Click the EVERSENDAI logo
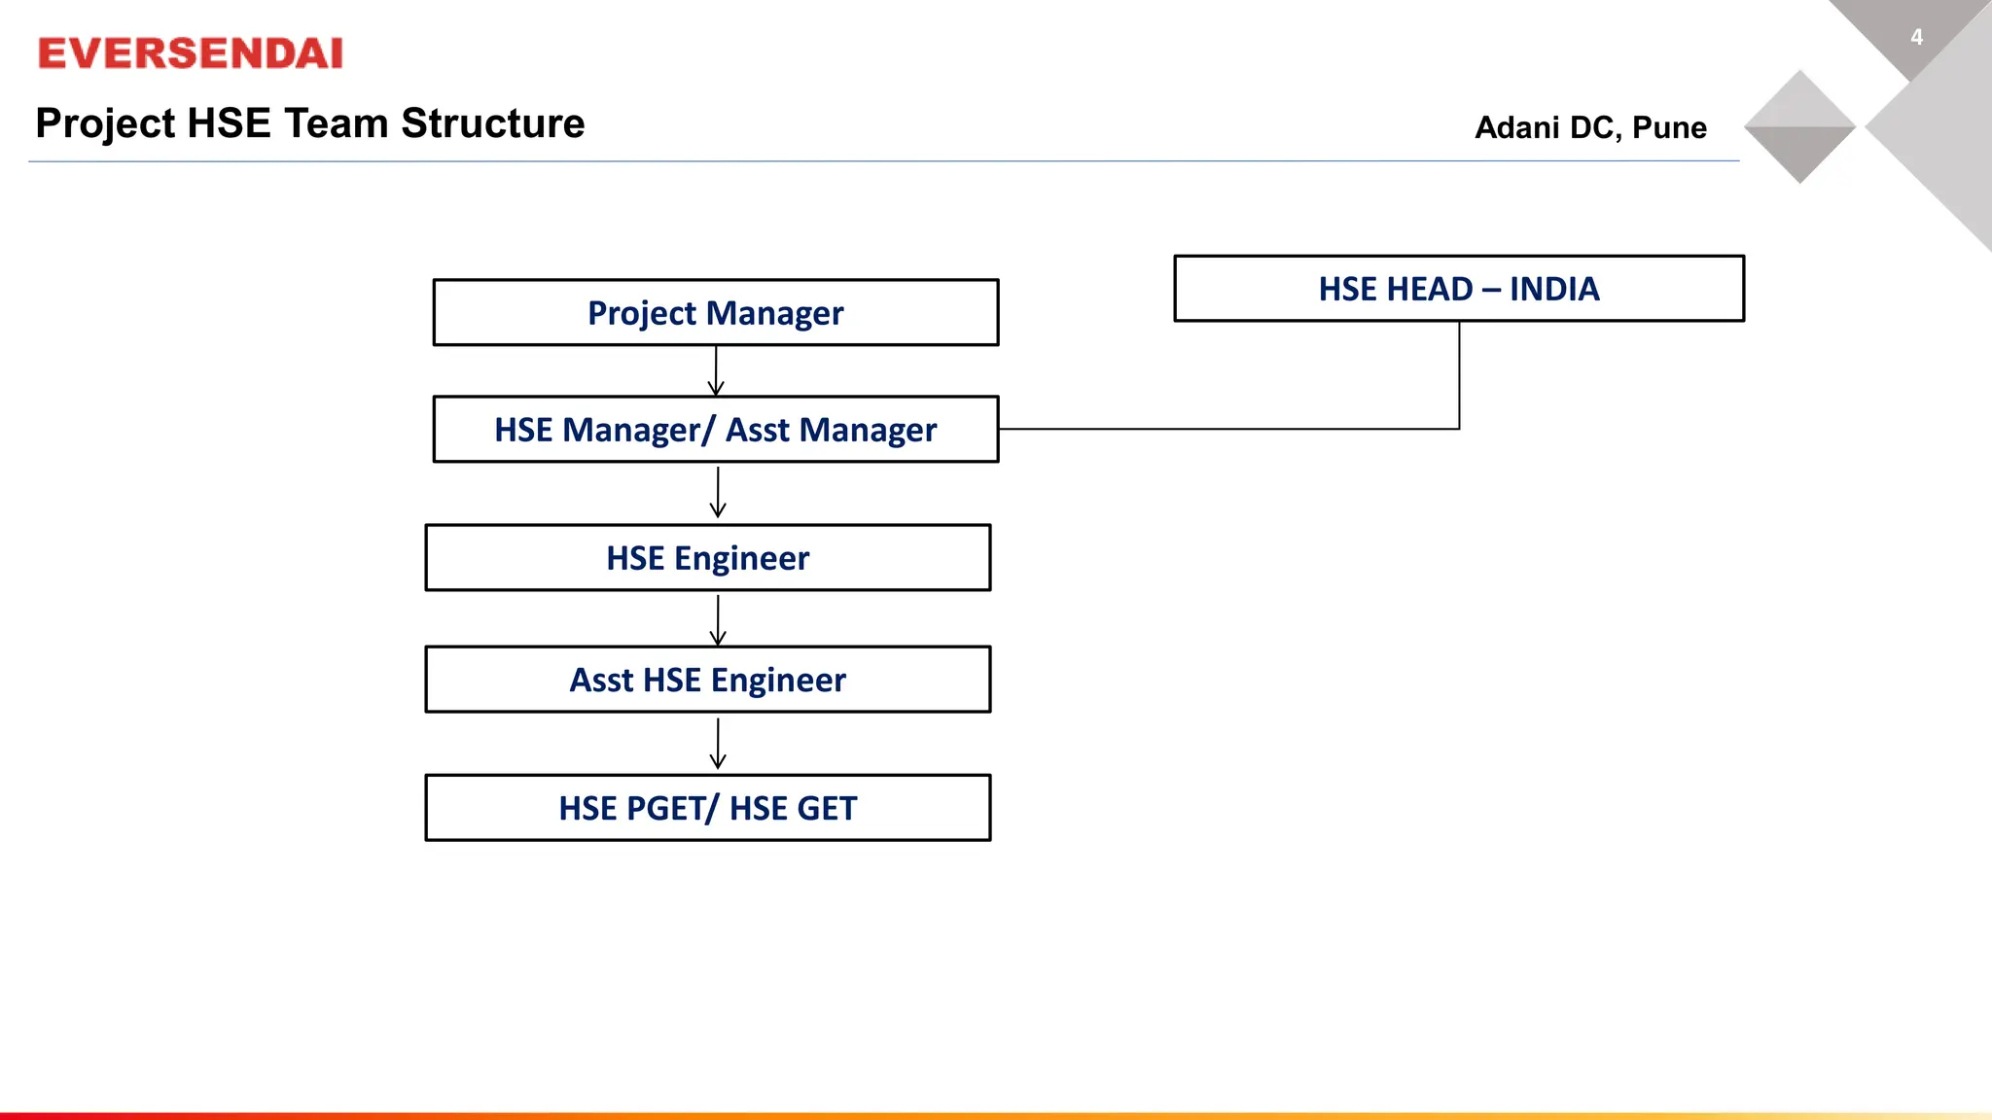click(x=191, y=53)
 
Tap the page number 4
click(x=1916, y=37)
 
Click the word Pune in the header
click(x=1669, y=127)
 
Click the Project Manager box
click(x=715, y=312)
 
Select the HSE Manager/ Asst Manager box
click(x=715, y=429)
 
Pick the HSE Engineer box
click(x=707, y=557)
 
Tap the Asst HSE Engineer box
click(x=707, y=679)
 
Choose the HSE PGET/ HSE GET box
click(x=707, y=807)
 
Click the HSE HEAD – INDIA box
click(x=1458, y=289)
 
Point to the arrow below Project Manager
click(x=716, y=370)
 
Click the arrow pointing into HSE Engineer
click(x=718, y=493)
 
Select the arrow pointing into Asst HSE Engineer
click(x=718, y=619)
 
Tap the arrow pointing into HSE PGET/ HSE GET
click(x=718, y=744)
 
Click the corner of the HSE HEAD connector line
click(x=1459, y=428)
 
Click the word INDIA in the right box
click(x=1553, y=289)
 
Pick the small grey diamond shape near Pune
click(x=1799, y=126)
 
